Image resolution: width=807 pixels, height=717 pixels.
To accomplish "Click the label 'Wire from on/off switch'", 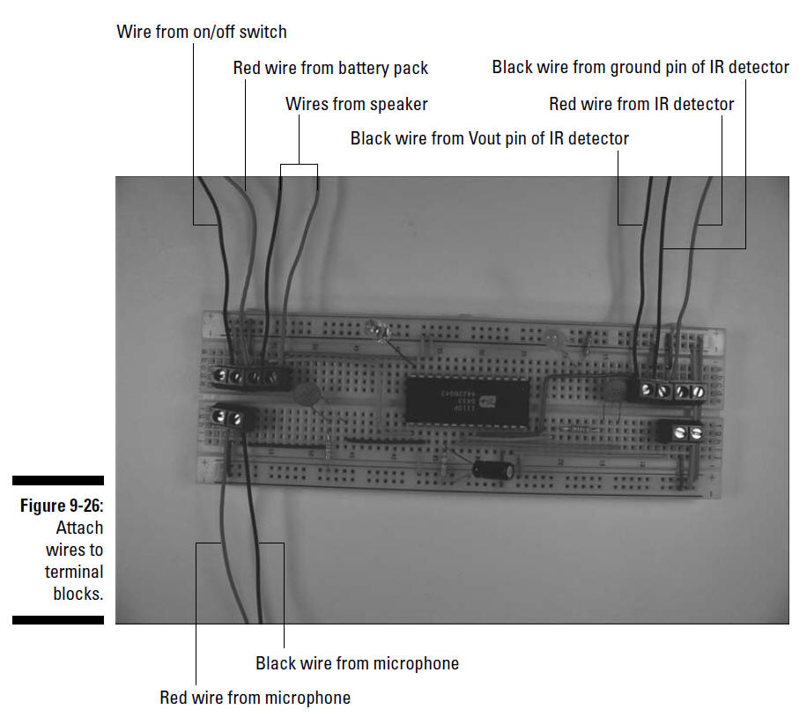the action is tap(201, 32).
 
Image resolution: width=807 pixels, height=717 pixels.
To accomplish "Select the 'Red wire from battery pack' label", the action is tap(330, 68).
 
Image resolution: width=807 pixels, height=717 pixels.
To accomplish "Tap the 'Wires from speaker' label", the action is tap(357, 104).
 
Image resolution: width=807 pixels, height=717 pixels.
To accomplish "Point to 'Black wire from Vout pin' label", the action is tap(490, 138).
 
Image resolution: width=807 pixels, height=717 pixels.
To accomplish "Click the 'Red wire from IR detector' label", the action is tap(641, 104).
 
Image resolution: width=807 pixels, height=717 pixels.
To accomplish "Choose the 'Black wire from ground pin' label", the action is tap(640, 68).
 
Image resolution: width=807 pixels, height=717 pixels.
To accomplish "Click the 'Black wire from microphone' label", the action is tap(357, 663).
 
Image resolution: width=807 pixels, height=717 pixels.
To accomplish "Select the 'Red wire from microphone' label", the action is tap(255, 698).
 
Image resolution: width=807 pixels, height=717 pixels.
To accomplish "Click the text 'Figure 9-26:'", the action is tap(62, 506).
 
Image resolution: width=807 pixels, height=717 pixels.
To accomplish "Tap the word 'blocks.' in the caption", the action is tap(78, 594).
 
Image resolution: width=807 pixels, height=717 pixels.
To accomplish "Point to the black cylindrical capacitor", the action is tap(493, 469).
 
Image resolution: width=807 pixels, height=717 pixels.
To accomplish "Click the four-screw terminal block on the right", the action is tap(671, 390).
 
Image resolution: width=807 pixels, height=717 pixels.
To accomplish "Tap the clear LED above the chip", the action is tap(377, 330).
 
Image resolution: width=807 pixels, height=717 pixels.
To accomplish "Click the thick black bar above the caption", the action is tap(58, 480).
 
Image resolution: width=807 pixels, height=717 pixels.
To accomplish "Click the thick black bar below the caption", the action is tap(58, 620).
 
